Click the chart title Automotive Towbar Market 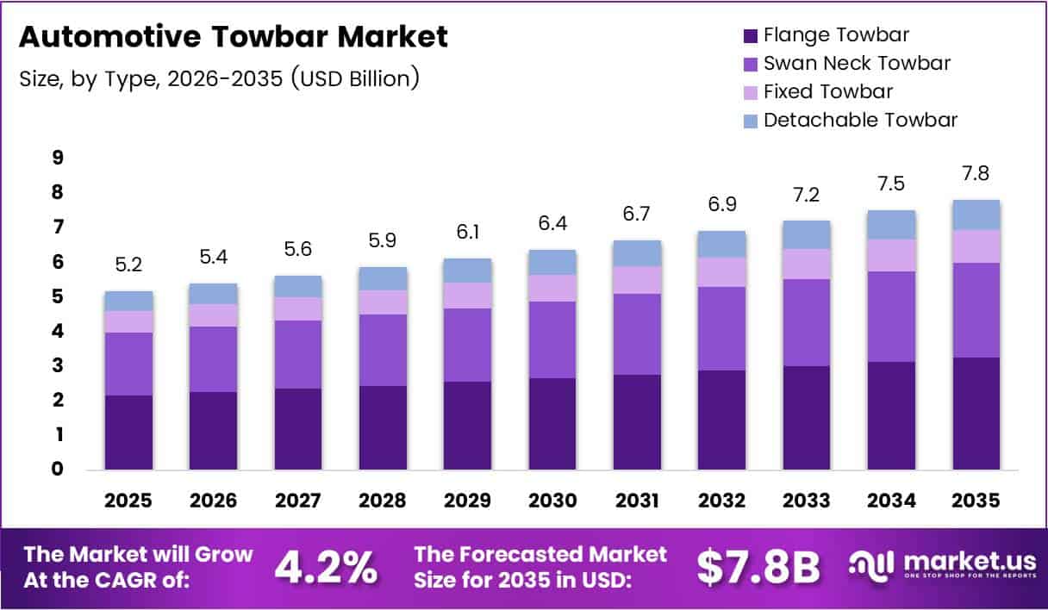pos(233,37)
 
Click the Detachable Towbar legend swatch pos(750,120)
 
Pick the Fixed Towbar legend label pos(827,91)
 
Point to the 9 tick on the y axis pos(58,158)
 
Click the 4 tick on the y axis pos(58,332)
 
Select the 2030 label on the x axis pos(552,499)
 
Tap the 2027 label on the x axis pos(298,499)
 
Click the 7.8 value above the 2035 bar pos(976,173)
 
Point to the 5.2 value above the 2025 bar pos(129,265)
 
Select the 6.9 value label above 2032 pos(721,205)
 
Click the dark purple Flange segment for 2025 pos(129,433)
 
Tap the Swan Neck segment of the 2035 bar pos(976,310)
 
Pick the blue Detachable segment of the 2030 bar pos(552,262)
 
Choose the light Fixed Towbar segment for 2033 pos(806,264)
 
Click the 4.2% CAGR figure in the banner pos(326,568)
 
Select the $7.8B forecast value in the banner pos(758,568)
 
